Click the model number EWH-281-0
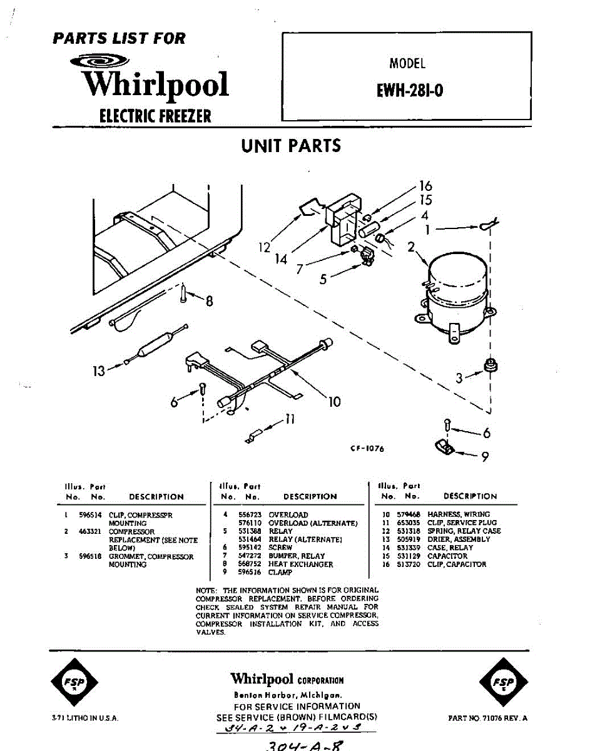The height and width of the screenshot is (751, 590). coord(410,90)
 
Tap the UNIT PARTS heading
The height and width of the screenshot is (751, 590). coord(291,146)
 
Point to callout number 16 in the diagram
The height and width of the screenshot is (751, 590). coord(425,186)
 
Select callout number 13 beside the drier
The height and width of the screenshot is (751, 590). coord(99,371)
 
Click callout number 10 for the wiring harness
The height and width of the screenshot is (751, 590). coord(335,401)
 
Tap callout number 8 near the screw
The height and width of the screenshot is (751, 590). coord(209,302)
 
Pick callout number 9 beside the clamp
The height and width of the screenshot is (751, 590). coord(484,456)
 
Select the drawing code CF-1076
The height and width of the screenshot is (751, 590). coord(367,449)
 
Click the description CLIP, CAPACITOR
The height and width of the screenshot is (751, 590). coord(456,564)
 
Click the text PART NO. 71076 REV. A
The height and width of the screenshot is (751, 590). coord(487,718)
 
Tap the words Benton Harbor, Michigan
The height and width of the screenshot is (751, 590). coord(287,695)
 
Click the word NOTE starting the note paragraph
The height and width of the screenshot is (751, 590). coord(206,590)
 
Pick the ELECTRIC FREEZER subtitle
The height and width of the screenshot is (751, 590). coord(155,116)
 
